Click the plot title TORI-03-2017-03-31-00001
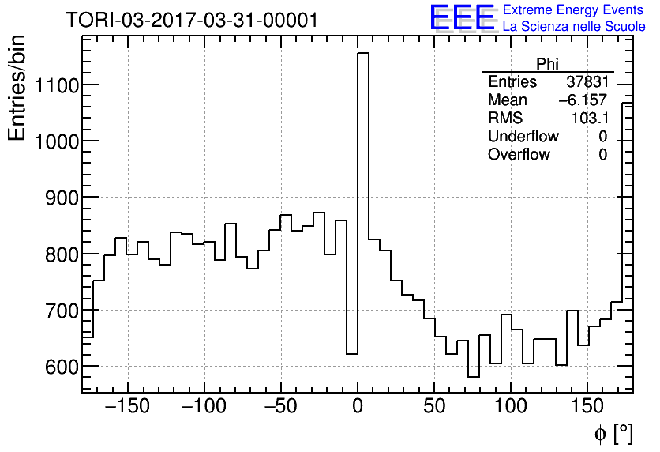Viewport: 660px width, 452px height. pos(192,20)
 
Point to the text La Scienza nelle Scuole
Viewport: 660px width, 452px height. pos(574,27)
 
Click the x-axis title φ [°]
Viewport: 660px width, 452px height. pos(613,433)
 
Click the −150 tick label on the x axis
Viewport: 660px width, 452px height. pos(128,405)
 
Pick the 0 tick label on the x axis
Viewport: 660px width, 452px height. pos(358,405)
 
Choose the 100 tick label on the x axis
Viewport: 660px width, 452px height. pos(511,405)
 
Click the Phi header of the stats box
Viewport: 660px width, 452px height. pos(547,64)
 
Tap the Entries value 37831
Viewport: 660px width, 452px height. pos(587,82)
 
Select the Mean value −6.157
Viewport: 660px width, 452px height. pos(583,100)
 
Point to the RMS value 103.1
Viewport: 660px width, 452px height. pos(589,119)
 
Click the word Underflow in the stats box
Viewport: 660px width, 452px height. pos(523,137)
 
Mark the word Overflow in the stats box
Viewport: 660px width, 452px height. pos(519,155)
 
